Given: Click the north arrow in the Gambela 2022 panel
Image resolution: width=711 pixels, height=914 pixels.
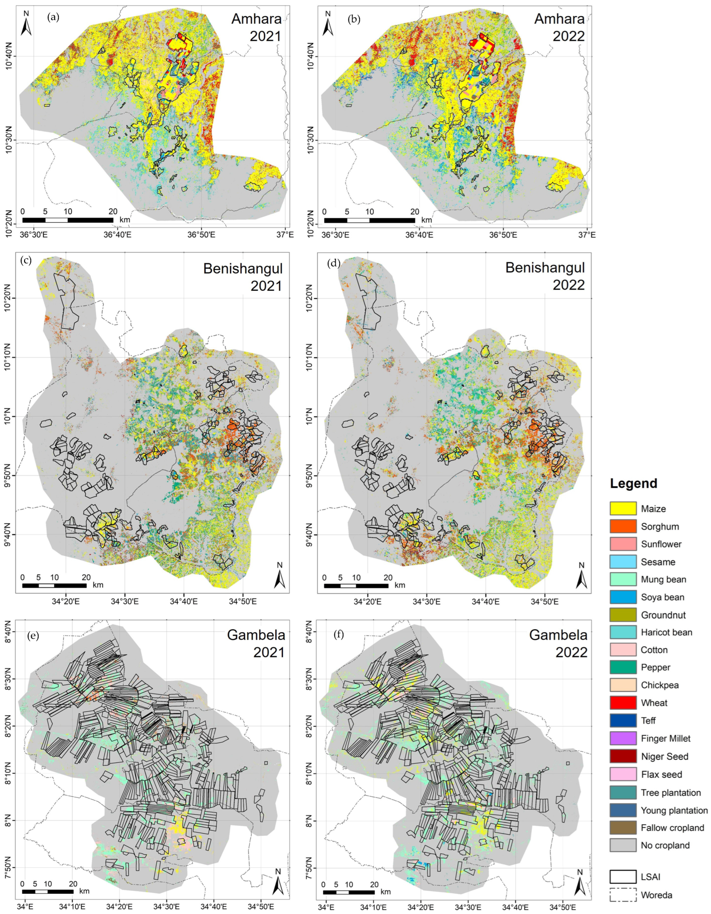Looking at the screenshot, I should [x=580, y=881].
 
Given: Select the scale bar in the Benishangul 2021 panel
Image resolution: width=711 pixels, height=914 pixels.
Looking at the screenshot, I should [x=54, y=585].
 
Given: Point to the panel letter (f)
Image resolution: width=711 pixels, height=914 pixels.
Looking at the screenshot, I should [x=338, y=635].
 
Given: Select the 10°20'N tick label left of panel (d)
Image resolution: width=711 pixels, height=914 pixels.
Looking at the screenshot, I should [x=312, y=298].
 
